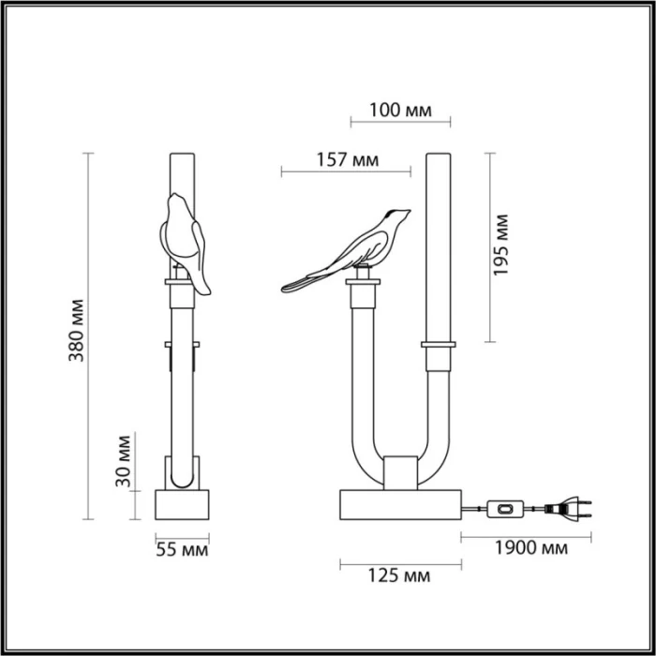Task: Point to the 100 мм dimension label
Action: click(x=399, y=111)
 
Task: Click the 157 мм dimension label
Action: click(x=346, y=160)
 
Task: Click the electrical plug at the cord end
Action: click(x=573, y=510)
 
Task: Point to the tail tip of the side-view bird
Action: click(x=285, y=284)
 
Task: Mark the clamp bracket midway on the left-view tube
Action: click(x=182, y=350)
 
